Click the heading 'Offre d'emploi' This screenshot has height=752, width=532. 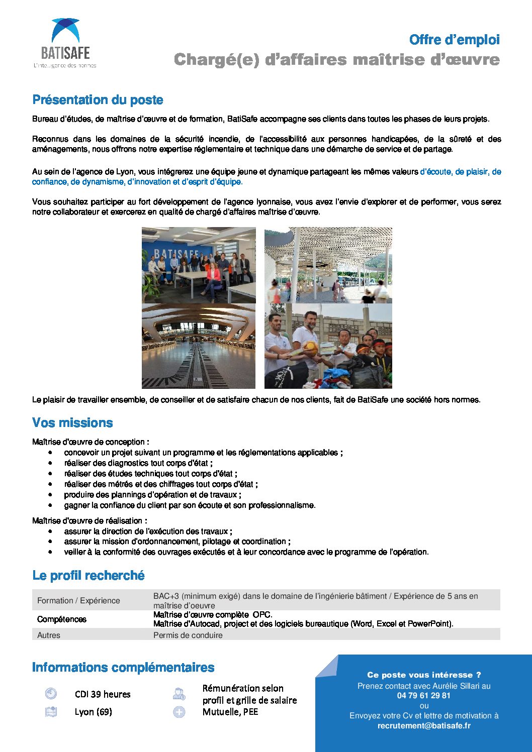coord(454,40)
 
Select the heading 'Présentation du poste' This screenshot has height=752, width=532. coord(98,100)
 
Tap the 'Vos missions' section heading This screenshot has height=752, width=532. coord(72,422)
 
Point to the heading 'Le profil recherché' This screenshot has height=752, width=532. coord(88,575)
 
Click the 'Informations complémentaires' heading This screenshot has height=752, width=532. coord(123,667)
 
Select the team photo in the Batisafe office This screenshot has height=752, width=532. coord(199,265)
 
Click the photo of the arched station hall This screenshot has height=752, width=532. coord(199,346)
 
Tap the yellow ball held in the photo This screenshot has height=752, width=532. coord(310,348)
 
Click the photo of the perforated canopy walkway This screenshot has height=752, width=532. coord(328,265)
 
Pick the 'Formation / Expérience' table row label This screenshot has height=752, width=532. coord(78,600)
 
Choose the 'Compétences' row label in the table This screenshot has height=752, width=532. coord(62,619)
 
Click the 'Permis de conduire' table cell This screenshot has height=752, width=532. coord(188,635)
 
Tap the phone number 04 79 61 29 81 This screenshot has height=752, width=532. coord(423,696)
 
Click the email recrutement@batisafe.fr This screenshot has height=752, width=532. coord(424,725)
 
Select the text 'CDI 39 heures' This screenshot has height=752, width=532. coord(103,694)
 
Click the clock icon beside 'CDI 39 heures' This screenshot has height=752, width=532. coord(51,694)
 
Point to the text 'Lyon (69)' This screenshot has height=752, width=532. coord(93,712)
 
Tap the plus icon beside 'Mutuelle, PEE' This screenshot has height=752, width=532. coord(179,712)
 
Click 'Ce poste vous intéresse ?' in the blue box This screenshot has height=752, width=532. coord(424,675)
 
